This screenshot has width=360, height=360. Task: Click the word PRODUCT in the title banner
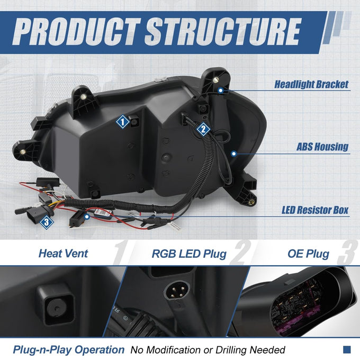(x=76, y=32)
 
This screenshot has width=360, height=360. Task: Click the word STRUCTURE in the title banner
(x=223, y=32)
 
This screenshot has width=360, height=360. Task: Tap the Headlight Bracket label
(x=311, y=85)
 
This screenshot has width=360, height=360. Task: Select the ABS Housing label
(x=322, y=147)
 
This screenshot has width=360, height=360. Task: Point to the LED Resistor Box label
(x=315, y=210)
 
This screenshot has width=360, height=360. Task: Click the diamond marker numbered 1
(x=123, y=122)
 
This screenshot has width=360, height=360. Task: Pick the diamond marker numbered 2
(x=203, y=129)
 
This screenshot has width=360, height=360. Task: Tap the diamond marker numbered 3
(x=47, y=222)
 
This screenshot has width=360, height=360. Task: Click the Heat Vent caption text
(x=63, y=254)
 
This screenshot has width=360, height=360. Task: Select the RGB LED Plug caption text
(x=189, y=254)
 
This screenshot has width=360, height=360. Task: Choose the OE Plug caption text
(x=308, y=254)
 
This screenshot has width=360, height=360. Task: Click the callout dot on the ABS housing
(x=233, y=154)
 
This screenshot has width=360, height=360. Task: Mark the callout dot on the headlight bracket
(x=221, y=91)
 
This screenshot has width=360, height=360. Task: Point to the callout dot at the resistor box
(x=86, y=217)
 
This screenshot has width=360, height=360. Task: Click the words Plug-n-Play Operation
(x=69, y=350)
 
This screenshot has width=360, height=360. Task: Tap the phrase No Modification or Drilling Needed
(x=208, y=350)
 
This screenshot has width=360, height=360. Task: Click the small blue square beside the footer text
(x=347, y=349)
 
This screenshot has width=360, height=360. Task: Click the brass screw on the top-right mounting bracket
(x=215, y=80)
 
